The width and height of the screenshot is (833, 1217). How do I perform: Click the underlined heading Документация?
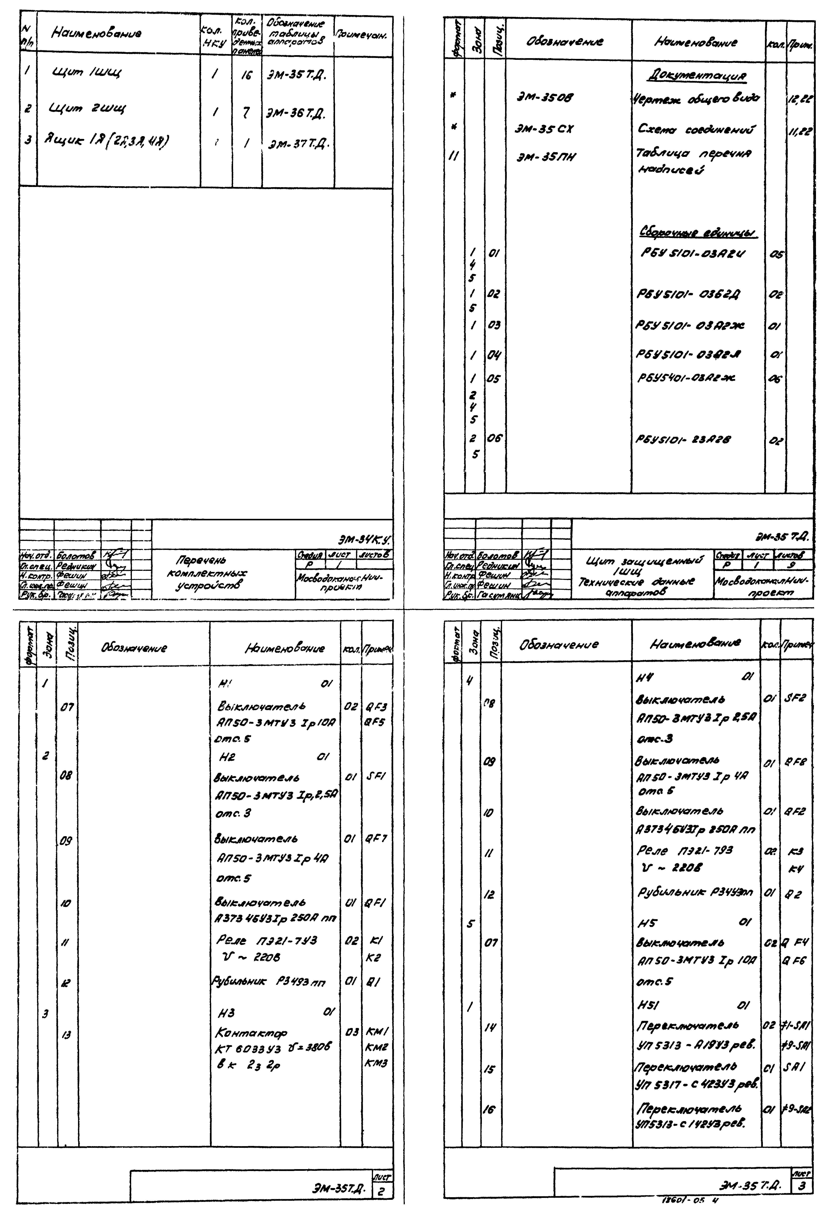tap(696, 76)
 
